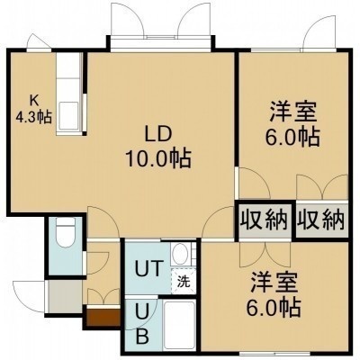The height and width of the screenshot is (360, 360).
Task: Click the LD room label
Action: point(158,135)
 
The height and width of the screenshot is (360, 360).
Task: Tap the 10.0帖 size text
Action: point(158,158)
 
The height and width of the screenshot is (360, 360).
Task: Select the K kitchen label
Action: point(33,101)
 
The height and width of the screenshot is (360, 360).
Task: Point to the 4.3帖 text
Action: point(33,117)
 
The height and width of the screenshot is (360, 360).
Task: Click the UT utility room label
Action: point(148,268)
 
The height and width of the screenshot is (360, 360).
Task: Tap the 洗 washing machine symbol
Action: point(183,282)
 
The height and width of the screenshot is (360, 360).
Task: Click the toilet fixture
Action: point(66,232)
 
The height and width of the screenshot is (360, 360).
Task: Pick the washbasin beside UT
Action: point(181,254)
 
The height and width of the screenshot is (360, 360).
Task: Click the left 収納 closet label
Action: point(265,221)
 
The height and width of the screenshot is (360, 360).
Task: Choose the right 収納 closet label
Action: point(320,221)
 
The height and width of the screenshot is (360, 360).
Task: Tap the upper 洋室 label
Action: point(293,112)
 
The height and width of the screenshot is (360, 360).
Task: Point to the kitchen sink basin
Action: point(68,115)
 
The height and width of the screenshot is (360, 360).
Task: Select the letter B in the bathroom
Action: point(143,337)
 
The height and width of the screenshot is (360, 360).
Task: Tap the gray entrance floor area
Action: point(65,297)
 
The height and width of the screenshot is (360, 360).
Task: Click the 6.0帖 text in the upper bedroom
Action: point(292,138)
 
